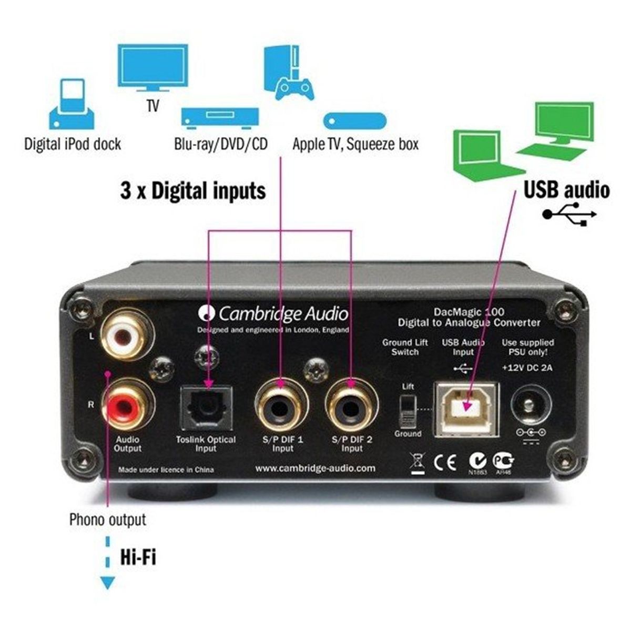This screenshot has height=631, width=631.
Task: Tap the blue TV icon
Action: (x=152, y=68)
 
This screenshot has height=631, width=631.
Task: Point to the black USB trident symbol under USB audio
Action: (x=569, y=214)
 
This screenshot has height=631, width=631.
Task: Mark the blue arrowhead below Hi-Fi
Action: (x=107, y=583)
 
